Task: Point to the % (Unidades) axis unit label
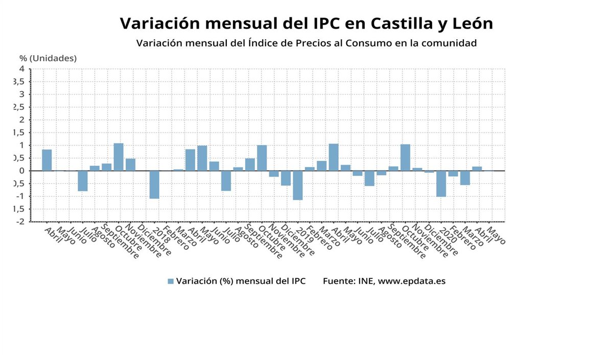point(48,58)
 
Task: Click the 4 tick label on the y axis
point(22,68)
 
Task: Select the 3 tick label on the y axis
point(22,94)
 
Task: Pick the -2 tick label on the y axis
point(20,222)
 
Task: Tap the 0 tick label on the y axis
point(22,171)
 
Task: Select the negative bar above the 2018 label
point(154,184)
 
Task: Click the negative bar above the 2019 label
point(298,185)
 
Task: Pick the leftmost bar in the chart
point(47,160)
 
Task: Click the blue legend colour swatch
point(171,281)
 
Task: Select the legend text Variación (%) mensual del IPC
point(241,281)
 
